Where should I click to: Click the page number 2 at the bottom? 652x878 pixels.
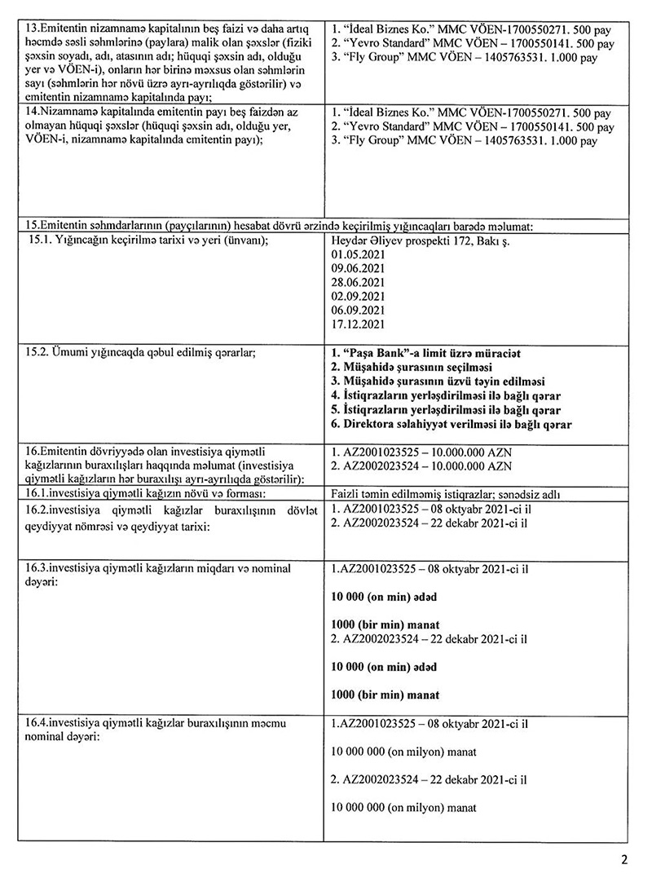[624, 858]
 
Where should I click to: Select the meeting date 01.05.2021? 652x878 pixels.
[358, 255]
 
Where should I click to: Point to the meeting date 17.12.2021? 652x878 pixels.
[358, 324]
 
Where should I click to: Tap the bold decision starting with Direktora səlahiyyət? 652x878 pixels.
[452, 425]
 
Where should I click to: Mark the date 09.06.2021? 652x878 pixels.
[358, 269]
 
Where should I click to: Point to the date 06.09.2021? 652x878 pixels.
[358, 311]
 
